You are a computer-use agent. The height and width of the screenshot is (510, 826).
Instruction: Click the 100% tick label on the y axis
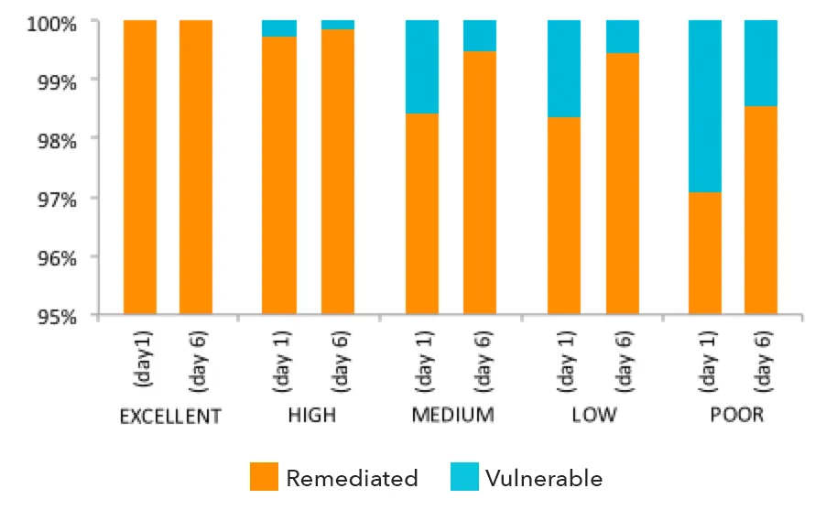(x=51, y=24)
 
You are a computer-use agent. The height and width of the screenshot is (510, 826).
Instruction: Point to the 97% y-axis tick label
(x=57, y=200)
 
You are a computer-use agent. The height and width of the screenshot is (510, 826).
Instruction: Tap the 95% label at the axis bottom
(x=57, y=317)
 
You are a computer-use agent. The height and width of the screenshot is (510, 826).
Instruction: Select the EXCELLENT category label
(x=170, y=417)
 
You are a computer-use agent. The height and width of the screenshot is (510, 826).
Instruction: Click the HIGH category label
(x=312, y=415)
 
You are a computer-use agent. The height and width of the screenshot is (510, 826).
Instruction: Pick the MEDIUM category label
(x=453, y=415)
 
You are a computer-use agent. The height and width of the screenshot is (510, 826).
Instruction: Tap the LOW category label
(x=594, y=415)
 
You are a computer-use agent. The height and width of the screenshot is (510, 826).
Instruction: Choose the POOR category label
(x=736, y=415)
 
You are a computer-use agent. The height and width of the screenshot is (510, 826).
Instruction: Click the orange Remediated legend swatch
(x=264, y=477)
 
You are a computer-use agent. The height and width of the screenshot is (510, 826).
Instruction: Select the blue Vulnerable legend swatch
(x=464, y=477)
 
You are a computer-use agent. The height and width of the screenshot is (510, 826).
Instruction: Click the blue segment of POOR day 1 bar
(x=705, y=106)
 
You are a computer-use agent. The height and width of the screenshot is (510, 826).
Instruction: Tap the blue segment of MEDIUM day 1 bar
(x=422, y=67)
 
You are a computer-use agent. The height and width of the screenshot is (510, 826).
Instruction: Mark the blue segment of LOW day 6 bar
(x=623, y=37)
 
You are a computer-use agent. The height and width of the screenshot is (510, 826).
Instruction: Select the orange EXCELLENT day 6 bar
(x=196, y=167)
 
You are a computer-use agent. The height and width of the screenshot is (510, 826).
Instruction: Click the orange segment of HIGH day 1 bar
(x=279, y=176)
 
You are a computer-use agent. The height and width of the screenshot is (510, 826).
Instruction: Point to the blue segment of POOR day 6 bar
(x=761, y=63)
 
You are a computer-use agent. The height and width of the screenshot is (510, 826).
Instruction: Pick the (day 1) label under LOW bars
(x=566, y=362)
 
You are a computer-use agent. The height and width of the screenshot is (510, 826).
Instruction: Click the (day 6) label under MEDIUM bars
(x=483, y=362)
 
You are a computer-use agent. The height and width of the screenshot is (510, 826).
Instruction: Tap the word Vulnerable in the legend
(x=544, y=478)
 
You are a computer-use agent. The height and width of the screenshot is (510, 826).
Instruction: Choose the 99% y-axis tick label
(x=57, y=82)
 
